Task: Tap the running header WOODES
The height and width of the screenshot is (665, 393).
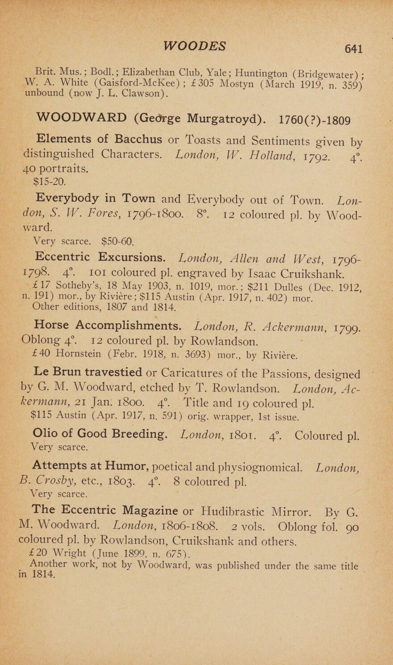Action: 199,33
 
